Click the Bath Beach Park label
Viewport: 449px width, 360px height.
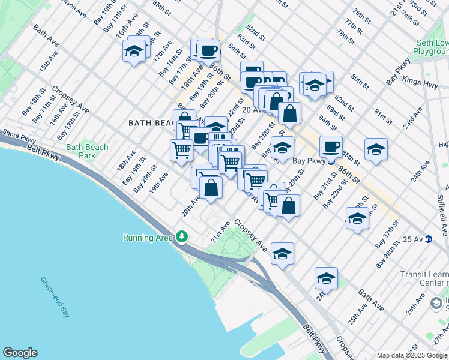click(x=88, y=151)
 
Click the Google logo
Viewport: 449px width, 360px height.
click(x=20, y=353)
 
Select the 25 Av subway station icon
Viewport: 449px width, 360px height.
click(x=429, y=239)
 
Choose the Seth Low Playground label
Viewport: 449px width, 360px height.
click(x=433, y=48)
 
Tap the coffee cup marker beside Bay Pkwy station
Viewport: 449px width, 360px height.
click(x=331, y=146)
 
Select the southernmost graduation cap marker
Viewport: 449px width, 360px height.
click(x=326, y=278)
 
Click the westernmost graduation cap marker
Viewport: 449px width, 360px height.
click(x=134, y=51)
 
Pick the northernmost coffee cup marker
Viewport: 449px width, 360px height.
click(x=208, y=50)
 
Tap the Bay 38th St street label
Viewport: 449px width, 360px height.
click(x=388, y=255)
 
